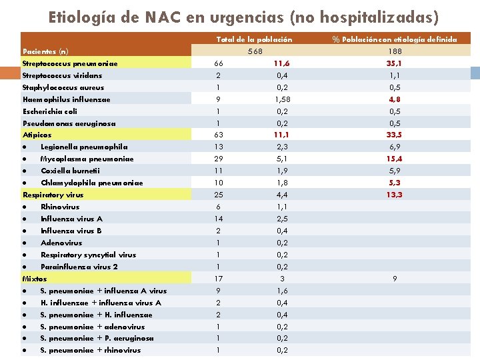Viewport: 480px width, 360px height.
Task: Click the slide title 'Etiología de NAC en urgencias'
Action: click(x=243, y=16)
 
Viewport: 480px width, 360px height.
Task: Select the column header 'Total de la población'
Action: click(x=254, y=39)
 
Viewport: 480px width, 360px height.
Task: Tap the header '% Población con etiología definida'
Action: click(x=395, y=39)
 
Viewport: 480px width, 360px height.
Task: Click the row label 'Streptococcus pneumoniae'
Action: click(x=70, y=63)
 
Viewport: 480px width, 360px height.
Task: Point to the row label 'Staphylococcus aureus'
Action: click(x=63, y=87)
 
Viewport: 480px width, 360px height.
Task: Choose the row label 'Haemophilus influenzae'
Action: click(x=67, y=99)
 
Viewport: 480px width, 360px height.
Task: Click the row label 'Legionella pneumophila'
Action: click(x=84, y=147)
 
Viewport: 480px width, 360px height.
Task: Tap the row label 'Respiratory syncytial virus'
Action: click(x=88, y=255)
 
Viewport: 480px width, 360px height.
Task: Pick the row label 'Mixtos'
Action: click(x=35, y=278)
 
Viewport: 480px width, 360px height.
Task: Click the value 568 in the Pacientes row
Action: click(x=255, y=51)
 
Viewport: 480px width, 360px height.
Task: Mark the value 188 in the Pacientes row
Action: click(x=395, y=51)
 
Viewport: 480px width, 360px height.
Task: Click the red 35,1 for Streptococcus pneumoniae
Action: click(x=395, y=63)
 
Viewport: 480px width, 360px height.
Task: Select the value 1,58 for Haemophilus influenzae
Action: click(x=282, y=99)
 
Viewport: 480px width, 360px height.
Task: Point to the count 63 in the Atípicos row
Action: click(x=219, y=135)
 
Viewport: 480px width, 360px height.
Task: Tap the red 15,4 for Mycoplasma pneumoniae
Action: click(x=395, y=159)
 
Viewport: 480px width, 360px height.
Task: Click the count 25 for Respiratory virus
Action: click(x=219, y=195)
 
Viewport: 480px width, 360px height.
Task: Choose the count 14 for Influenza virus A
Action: click(x=219, y=219)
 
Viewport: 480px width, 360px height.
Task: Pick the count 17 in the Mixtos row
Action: click(x=219, y=278)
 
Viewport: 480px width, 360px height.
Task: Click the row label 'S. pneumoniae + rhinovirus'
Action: click(x=91, y=350)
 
